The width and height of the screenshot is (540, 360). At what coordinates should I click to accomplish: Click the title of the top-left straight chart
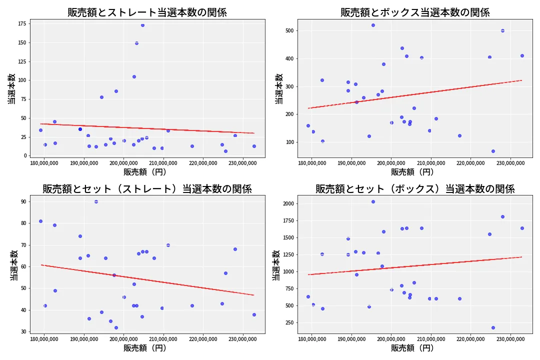coord(147,12)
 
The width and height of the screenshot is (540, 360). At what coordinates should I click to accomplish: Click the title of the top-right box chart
coord(415,12)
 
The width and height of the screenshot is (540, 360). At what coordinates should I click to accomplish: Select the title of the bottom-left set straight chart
coord(147,189)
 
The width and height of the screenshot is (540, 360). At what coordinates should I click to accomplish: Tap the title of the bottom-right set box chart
coord(415,189)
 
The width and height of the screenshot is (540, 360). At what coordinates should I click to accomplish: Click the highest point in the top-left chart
coord(142,25)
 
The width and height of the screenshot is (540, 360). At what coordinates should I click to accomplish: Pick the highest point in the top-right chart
coord(373,25)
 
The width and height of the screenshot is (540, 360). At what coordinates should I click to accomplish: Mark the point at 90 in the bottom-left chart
coord(96,201)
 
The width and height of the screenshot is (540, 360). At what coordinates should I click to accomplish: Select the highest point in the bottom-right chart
coord(373,201)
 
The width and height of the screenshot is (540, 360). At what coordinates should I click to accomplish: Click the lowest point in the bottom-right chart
coord(493,328)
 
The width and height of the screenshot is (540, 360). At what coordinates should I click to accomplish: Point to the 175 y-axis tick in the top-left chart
coord(21,23)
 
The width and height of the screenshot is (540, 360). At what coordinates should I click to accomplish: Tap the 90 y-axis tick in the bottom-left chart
coord(23,201)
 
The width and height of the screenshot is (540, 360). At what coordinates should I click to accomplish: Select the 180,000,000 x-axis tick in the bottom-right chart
coord(311,339)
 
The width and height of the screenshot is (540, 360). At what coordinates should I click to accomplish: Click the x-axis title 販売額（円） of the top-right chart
coord(412,172)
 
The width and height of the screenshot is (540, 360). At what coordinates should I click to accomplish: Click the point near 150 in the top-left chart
coord(136,43)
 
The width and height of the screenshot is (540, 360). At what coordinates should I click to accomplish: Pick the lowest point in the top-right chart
coord(493,151)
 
